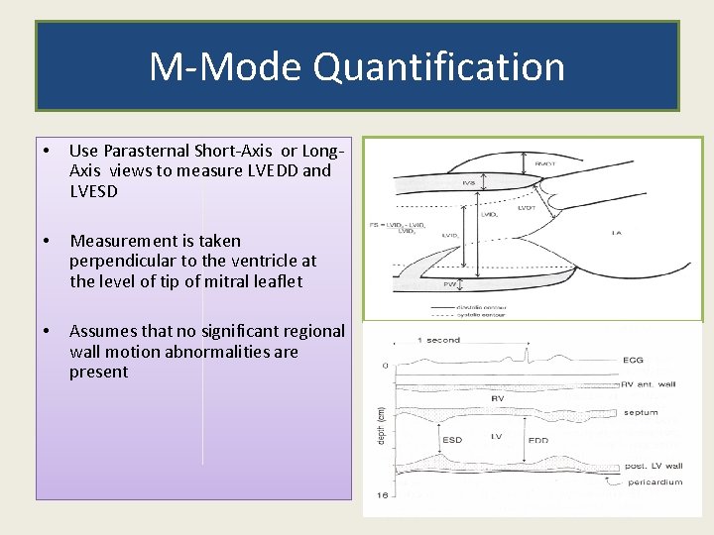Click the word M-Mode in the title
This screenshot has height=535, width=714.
click(226, 67)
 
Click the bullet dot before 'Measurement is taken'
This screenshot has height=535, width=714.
click(47, 241)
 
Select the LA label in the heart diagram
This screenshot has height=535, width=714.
click(616, 234)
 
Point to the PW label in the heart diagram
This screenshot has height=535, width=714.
click(449, 283)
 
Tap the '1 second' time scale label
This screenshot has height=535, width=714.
click(439, 340)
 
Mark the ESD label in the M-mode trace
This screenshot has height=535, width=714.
click(453, 439)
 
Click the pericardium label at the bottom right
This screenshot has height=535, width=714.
click(654, 482)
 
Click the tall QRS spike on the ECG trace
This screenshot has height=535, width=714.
click(531, 352)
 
